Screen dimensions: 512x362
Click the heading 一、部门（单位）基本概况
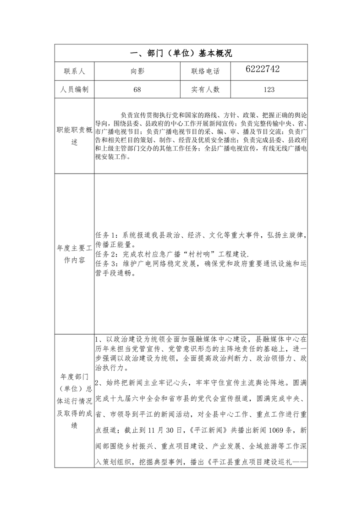181,53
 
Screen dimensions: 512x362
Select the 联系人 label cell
74,71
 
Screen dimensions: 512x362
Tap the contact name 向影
137,71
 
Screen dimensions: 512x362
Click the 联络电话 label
205,71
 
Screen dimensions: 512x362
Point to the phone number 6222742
263,69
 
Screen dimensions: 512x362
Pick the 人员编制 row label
74,90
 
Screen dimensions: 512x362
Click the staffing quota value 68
137,90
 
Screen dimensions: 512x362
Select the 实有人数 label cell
205,90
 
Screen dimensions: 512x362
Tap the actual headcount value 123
269,90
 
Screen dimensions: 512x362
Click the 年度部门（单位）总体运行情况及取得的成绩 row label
74,401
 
